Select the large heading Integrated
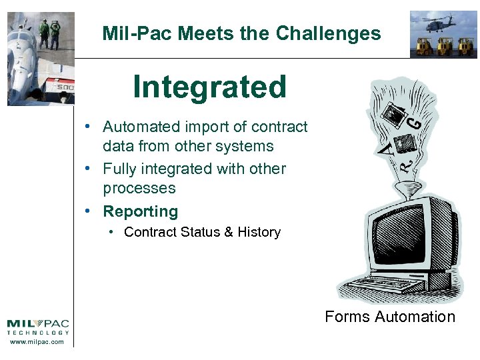pyautogui.click(x=209, y=87)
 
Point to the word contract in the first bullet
pyautogui.click(x=279, y=127)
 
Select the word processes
pyautogui.click(x=139, y=188)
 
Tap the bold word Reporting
pyautogui.click(x=140, y=212)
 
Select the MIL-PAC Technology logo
pyautogui.click(x=38, y=326)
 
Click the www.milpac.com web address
pyautogui.click(x=38, y=342)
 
